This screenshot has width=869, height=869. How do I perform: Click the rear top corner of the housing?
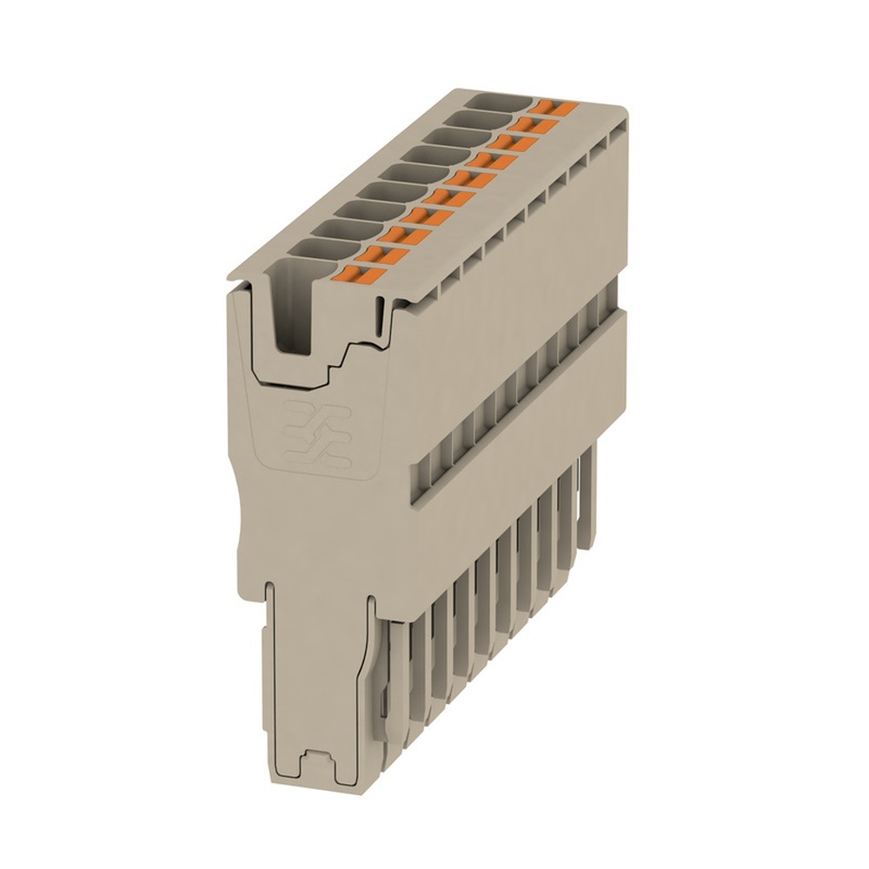pyautogui.click(x=622, y=111)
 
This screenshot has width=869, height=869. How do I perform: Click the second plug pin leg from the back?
pyautogui.click(x=570, y=513)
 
